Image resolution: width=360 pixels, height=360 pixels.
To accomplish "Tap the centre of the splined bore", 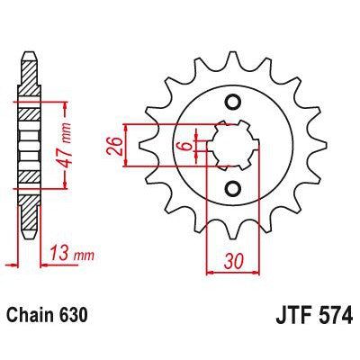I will click(232, 144).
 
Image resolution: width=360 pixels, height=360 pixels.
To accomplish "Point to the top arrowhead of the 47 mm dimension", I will click(65, 99).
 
